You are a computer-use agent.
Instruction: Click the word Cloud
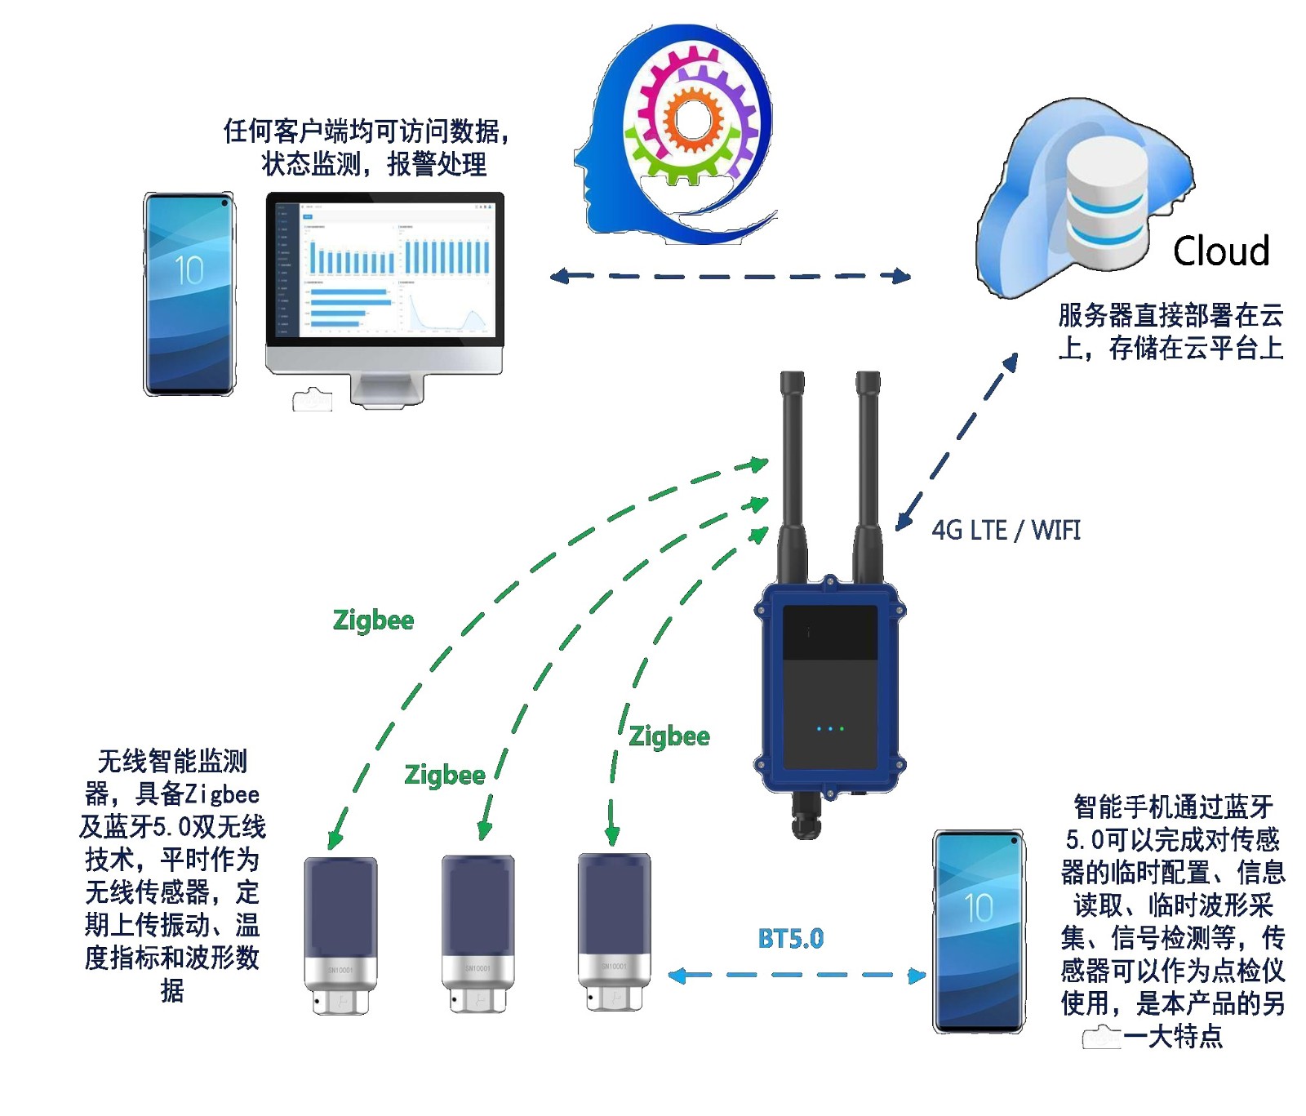tap(1220, 251)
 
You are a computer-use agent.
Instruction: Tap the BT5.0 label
tap(790, 939)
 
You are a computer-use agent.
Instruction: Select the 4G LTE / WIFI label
tap(1006, 531)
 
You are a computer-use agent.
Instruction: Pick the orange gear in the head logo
tap(693, 119)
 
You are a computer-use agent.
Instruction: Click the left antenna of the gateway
tap(793, 474)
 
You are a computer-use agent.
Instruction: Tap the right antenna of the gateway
tap(867, 474)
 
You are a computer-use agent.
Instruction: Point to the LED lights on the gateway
tap(830, 728)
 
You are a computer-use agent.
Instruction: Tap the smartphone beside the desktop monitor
tap(189, 294)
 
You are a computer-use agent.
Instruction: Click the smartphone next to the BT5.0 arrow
tap(979, 931)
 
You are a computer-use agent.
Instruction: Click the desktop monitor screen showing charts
tap(384, 269)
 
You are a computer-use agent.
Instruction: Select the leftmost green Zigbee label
tap(373, 620)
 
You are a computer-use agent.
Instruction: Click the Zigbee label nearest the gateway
tap(669, 736)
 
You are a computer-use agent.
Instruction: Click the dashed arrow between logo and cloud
tap(730, 276)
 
